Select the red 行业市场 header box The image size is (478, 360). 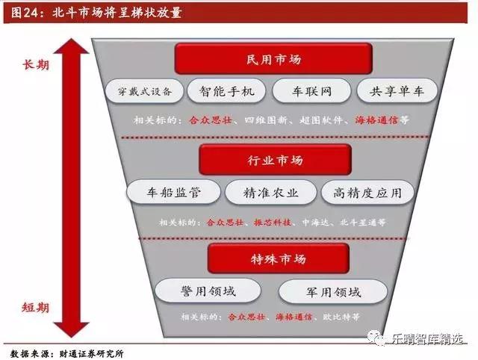pos(274,160)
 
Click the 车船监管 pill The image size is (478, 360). pos(174,193)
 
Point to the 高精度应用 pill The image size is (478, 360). pos(367,193)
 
